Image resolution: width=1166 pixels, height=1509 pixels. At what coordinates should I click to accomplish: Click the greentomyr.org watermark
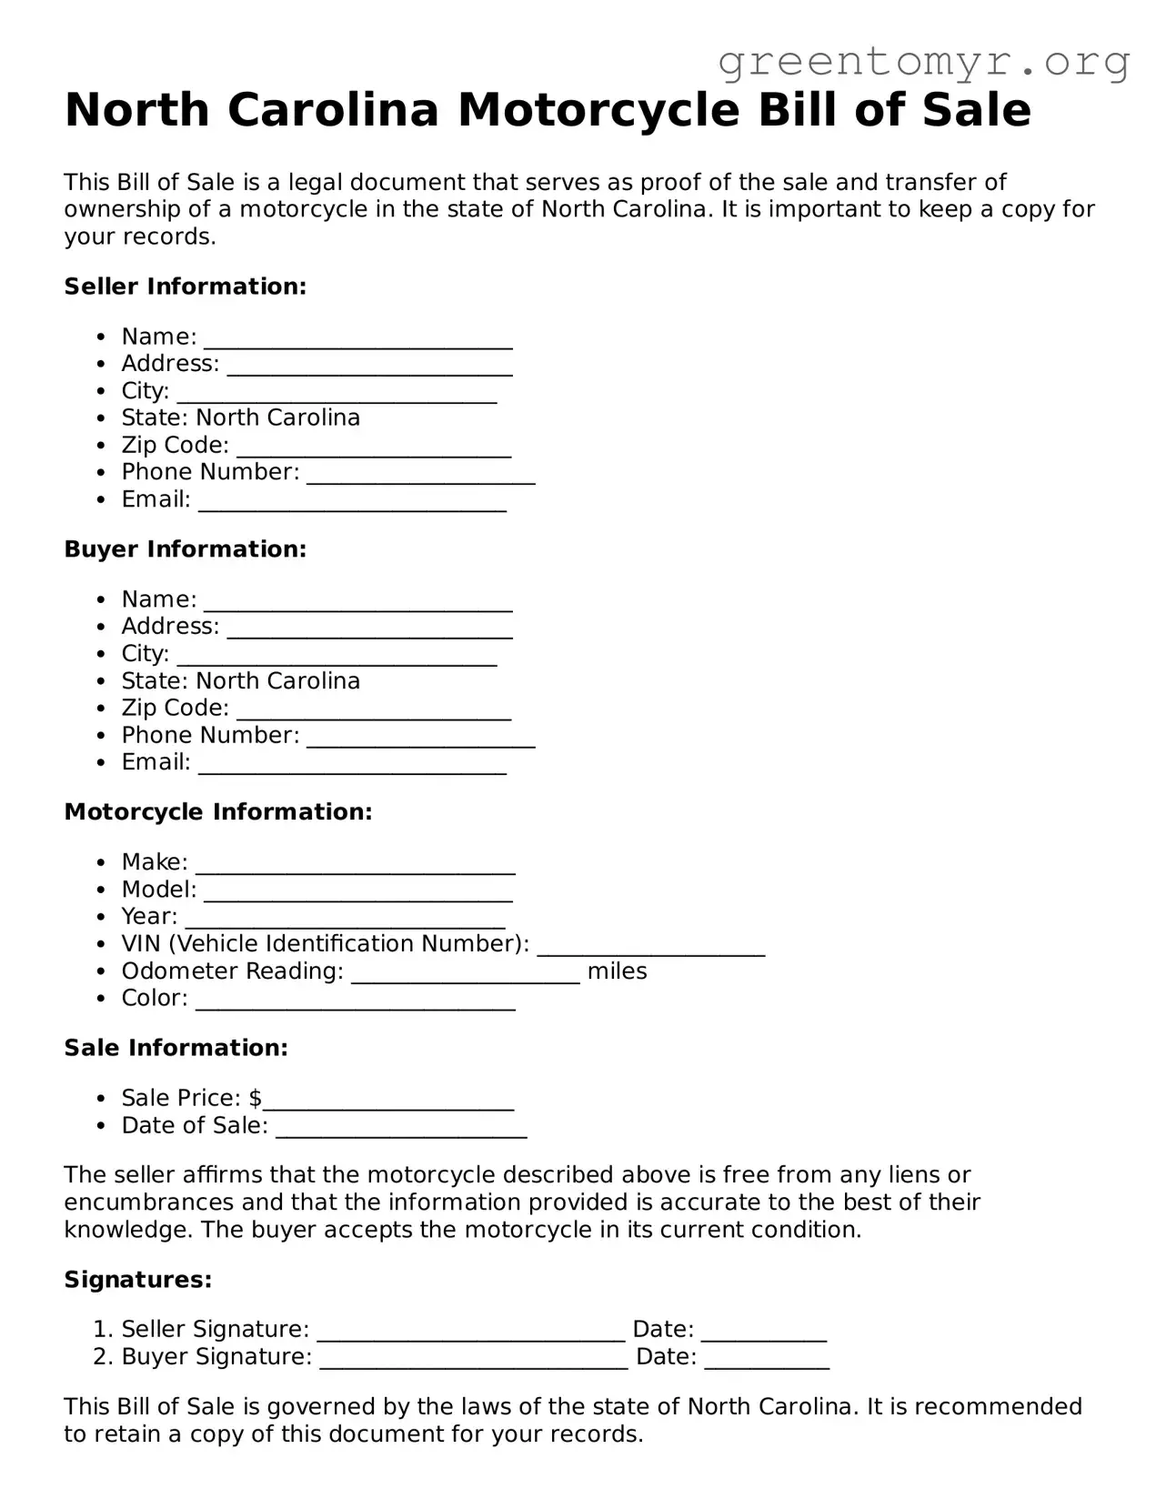pyautogui.click(x=923, y=62)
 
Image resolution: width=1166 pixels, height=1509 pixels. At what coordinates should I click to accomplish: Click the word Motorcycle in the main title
pyautogui.click(x=598, y=110)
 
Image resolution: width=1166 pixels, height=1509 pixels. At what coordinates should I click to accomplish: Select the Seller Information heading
pyautogui.click(x=185, y=287)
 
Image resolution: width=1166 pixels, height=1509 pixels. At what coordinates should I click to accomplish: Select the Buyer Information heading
pyautogui.click(x=185, y=549)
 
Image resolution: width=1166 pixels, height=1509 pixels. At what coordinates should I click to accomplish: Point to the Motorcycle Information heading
pyautogui.click(x=218, y=812)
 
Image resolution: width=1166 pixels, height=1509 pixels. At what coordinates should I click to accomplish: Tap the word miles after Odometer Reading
pyautogui.click(x=617, y=971)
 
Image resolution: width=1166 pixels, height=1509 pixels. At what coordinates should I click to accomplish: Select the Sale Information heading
pyautogui.click(x=176, y=1048)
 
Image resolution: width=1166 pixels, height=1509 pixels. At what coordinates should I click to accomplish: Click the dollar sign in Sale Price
pyautogui.click(x=255, y=1099)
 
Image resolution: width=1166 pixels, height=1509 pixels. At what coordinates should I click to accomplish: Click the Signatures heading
pyautogui.click(x=137, y=1280)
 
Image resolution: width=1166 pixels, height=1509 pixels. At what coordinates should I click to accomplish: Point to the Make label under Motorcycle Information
pyautogui.click(x=153, y=862)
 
